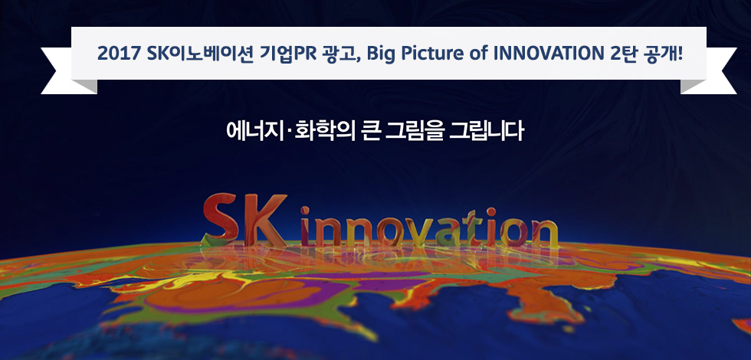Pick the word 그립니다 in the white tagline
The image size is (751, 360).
487,131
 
